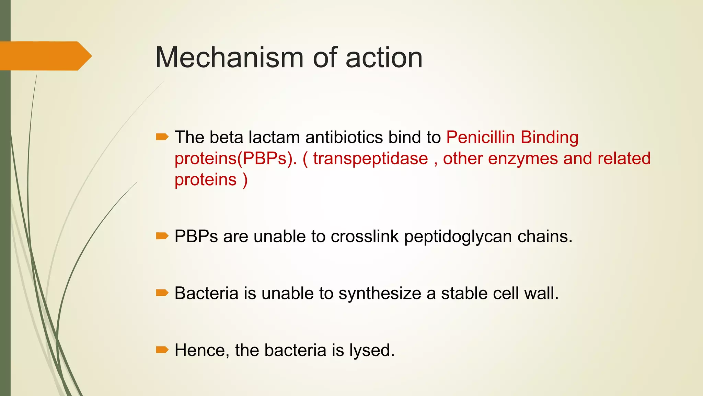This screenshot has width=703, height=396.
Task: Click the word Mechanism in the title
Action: click(229, 57)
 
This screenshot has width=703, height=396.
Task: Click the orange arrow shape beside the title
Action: click(45, 56)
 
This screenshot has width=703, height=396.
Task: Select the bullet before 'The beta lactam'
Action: click(162, 137)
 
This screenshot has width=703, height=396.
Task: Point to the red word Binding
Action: click(549, 137)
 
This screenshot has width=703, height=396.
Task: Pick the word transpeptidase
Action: click(370, 158)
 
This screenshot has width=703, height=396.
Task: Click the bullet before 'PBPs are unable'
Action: click(162, 236)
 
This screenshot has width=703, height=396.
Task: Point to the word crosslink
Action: click(365, 236)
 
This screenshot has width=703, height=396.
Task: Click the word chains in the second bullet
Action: click(544, 236)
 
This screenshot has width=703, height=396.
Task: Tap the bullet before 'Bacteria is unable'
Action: click(162, 293)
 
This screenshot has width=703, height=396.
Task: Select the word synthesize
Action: click(380, 294)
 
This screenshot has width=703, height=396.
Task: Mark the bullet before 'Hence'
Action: click(162, 350)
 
